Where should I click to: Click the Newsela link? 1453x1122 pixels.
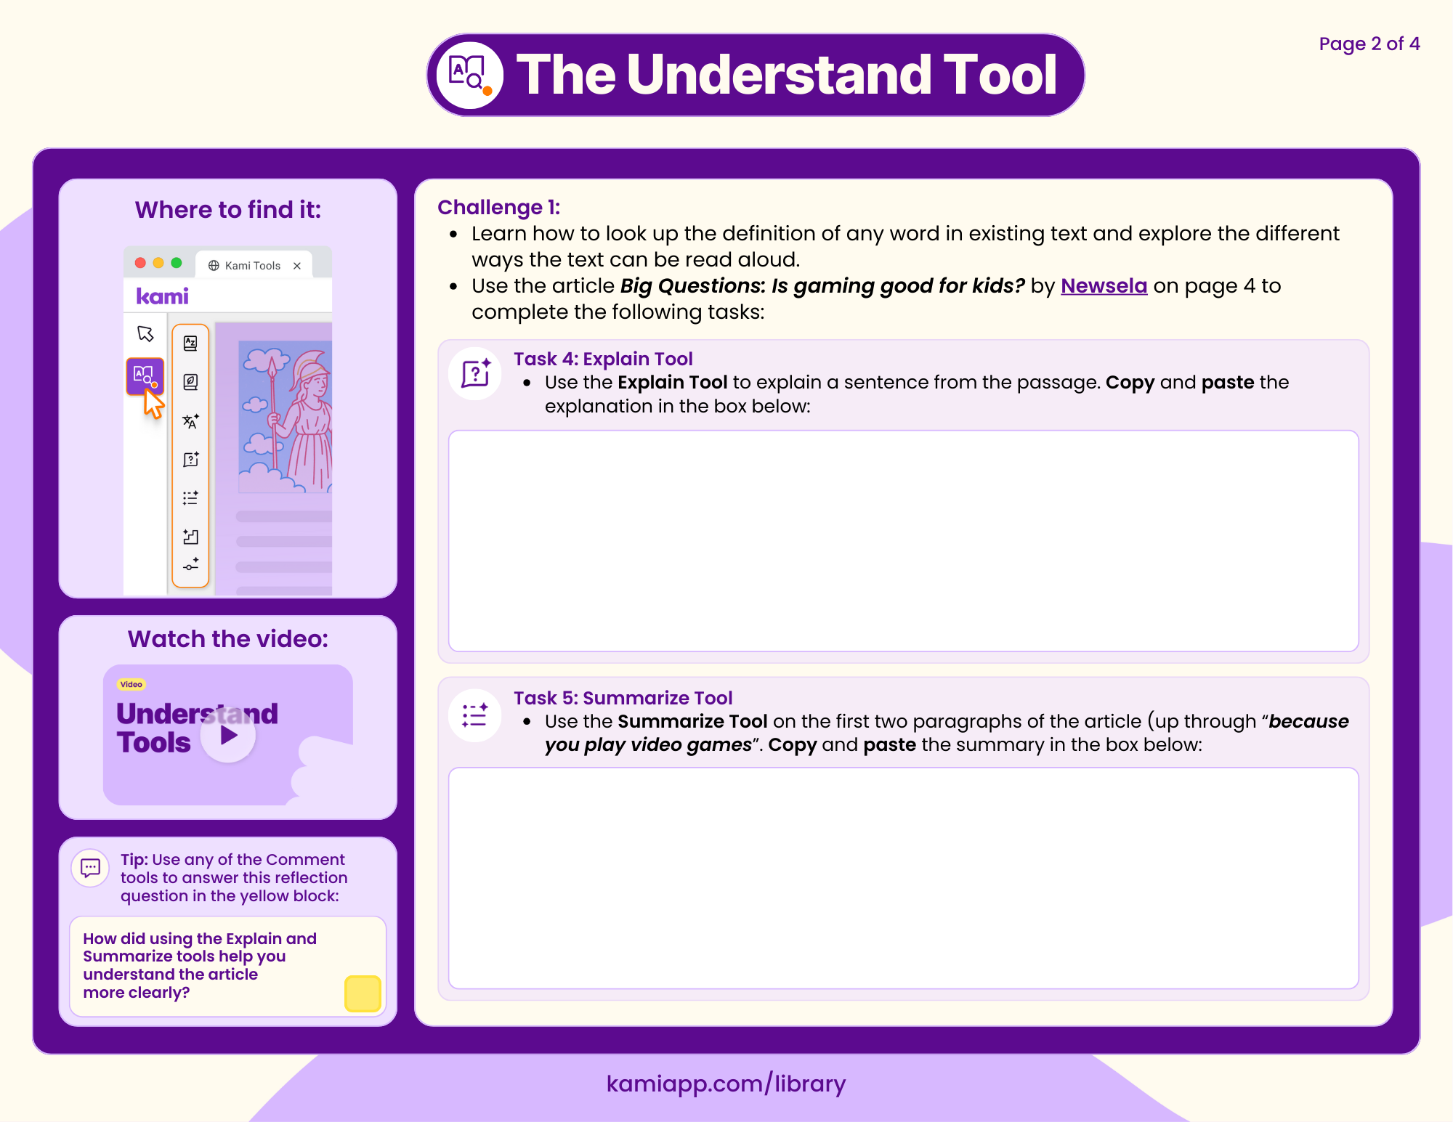pyautogui.click(x=1104, y=286)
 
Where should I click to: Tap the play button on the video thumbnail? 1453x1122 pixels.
pyautogui.click(x=228, y=735)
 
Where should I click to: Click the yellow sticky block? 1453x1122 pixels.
pyautogui.click(x=363, y=993)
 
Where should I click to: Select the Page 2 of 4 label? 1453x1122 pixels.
pyautogui.click(x=1369, y=44)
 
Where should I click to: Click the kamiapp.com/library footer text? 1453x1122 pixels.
pyautogui.click(x=726, y=1084)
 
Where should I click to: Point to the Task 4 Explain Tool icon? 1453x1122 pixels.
pyautogui.click(x=476, y=373)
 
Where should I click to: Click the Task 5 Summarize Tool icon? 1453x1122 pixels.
pyautogui.click(x=475, y=715)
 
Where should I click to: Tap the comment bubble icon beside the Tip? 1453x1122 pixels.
pyautogui.click(x=91, y=867)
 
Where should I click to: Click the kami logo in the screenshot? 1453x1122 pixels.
pyautogui.click(x=162, y=296)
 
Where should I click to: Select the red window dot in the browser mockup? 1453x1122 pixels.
pyautogui.click(x=140, y=263)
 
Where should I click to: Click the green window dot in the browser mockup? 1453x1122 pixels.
pyautogui.click(x=177, y=263)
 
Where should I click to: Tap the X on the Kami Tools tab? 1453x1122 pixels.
pyautogui.click(x=297, y=266)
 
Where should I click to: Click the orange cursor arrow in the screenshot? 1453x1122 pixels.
pyautogui.click(x=153, y=404)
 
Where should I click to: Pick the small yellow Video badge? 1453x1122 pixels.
pyautogui.click(x=131, y=684)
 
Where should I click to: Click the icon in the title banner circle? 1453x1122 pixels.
pyautogui.click(x=469, y=74)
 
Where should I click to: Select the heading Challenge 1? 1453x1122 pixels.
pyautogui.click(x=498, y=208)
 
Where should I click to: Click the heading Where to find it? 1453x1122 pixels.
pyautogui.click(x=227, y=210)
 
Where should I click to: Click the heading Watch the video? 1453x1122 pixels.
pyautogui.click(x=227, y=639)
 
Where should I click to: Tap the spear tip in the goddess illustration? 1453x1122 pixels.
pyautogui.click(x=272, y=367)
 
